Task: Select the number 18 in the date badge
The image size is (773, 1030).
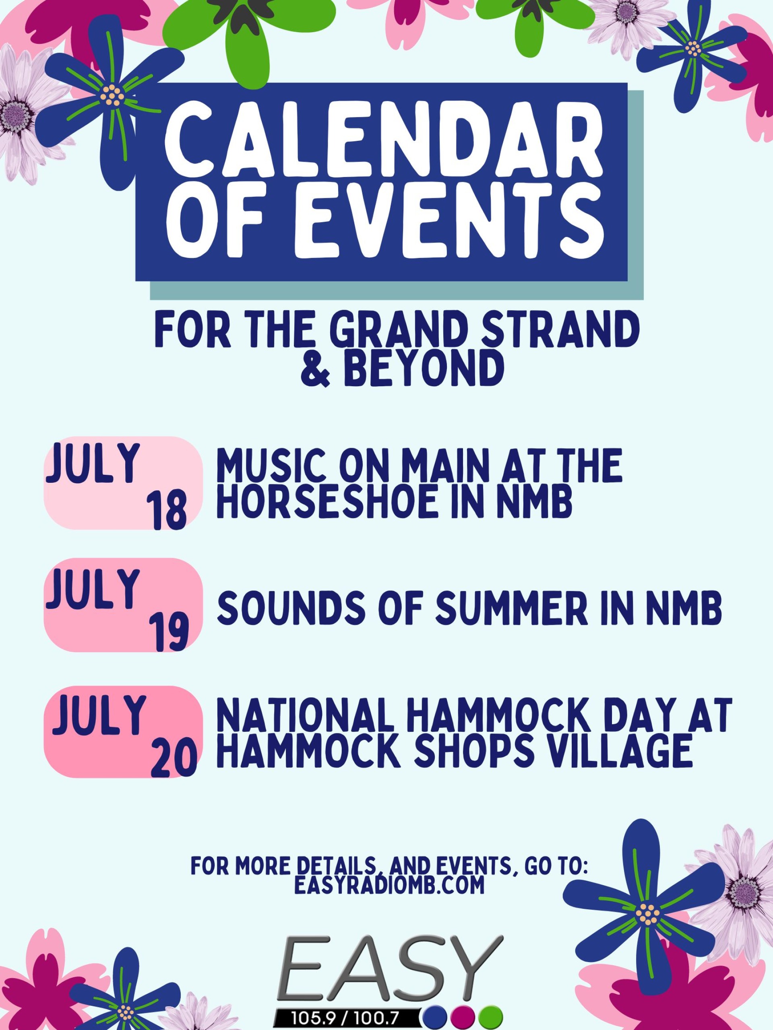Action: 166,512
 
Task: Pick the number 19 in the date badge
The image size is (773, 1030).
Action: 168,632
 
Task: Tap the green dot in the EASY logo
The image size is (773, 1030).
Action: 491,1018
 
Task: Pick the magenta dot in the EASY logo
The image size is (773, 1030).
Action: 463,1018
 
